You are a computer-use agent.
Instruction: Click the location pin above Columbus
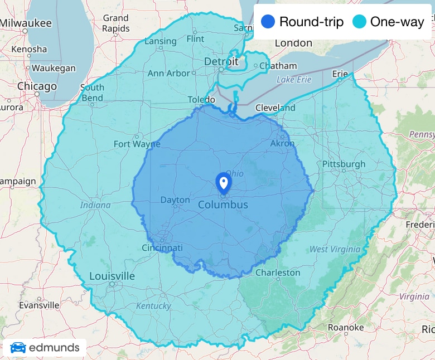tap(223, 182)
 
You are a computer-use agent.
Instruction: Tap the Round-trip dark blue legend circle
tap(268, 22)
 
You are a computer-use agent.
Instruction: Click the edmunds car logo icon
tap(18, 348)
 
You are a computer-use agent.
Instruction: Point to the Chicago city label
tap(37, 86)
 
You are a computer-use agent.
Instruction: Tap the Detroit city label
tap(221, 61)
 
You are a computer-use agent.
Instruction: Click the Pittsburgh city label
tap(344, 164)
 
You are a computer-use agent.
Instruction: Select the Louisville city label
tap(112, 276)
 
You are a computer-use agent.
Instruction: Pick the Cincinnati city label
tap(162, 247)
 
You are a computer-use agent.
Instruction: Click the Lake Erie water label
tap(294, 80)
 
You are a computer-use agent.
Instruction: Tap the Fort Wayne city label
tap(137, 144)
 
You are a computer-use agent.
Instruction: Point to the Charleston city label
tap(278, 273)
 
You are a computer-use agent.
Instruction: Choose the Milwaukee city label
tap(26, 23)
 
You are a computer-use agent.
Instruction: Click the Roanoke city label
tap(345, 327)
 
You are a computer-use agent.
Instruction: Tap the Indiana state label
tap(95, 205)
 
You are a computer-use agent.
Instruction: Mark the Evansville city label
tap(39, 305)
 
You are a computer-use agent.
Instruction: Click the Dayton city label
tap(175, 200)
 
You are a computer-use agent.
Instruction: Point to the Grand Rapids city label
tap(115, 23)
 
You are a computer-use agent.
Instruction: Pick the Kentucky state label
tap(153, 305)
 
